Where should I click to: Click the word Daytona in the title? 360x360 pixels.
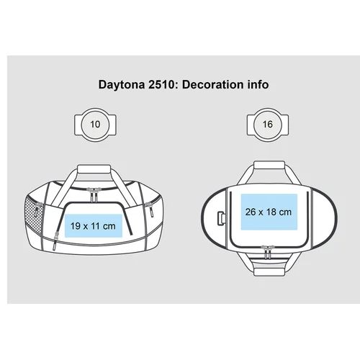click(x=122, y=85)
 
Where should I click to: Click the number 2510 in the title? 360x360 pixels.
click(x=161, y=84)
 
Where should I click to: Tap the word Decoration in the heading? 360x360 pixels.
click(x=212, y=84)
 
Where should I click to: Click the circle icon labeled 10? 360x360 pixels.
click(x=95, y=125)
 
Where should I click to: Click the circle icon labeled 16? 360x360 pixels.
click(x=268, y=125)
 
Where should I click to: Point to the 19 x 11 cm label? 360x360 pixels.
click(x=93, y=226)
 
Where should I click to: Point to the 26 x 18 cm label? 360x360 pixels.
click(x=269, y=212)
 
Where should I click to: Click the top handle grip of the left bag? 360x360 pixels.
click(x=94, y=168)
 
